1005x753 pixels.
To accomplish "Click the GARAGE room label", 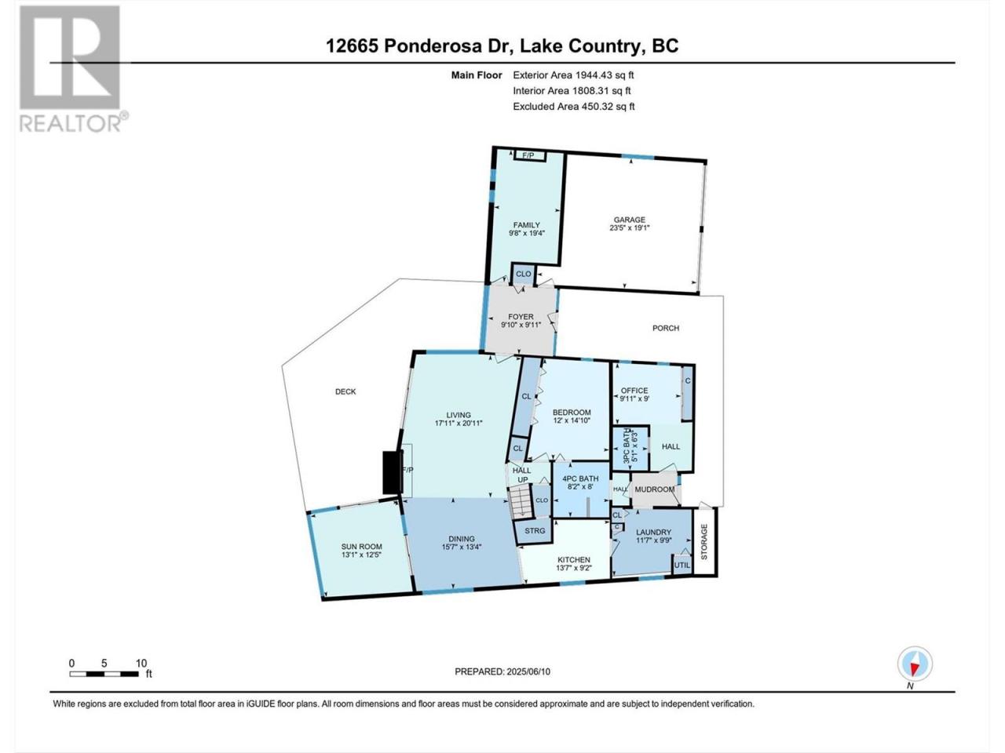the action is pyautogui.click(x=630, y=220).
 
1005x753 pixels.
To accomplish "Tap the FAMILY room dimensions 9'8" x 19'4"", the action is pyautogui.click(x=527, y=232).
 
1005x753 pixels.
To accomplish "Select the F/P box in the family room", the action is pyautogui.click(x=528, y=155).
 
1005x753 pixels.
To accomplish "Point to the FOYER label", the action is pyautogui.click(x=521, y=316).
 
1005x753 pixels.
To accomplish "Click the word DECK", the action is pyautogui.click(x=345, y=391).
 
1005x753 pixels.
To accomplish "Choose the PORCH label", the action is pyautogui.click(x=666, y=328).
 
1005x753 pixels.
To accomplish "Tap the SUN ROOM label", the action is pyautogui.click(x=361, y=547).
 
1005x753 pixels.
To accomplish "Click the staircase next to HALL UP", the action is pyautogui.click(x=521, y=501).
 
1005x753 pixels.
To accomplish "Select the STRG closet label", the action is pyautogui.click(x=535, y=530).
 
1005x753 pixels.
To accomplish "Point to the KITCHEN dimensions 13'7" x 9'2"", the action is pyautogui.click(x=574, y=568).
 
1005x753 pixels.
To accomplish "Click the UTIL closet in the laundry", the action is pyautogui.click(x=682, y=565).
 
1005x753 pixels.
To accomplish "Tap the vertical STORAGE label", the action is pyautogui.click(x=704, y=542).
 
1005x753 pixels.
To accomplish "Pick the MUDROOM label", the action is pyautogui.click(x=655, y=489).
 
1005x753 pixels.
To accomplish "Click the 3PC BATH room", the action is pyautogui.click(x=631, y=449).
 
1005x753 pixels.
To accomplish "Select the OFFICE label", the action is pyautogui.click(x=634, y=391).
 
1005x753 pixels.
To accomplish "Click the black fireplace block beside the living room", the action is pyautogui.click(x=393, y=472).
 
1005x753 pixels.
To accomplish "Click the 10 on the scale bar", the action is pyautogui.click(x=141, y=663).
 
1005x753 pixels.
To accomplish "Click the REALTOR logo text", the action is pyautogui.click(x=70, y=123).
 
